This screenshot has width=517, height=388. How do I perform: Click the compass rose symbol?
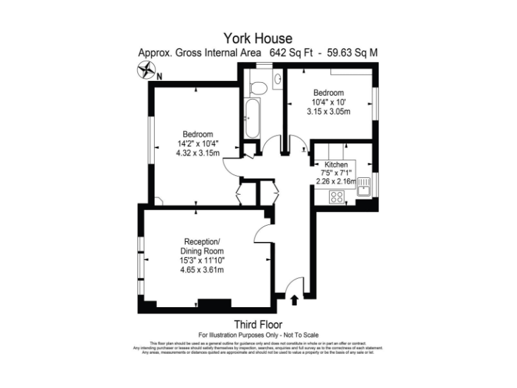click(146, 69)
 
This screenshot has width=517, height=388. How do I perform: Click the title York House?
click(258, 38)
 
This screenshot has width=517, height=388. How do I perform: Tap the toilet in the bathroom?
click(256, 86)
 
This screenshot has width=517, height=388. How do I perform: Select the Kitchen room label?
click(336, 164)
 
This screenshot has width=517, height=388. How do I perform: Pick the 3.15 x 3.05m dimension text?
click(328, 111)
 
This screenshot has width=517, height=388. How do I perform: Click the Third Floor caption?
click(258, 323)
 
